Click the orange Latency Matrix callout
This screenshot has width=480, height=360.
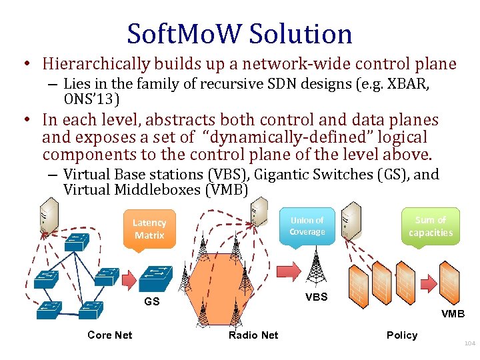149,229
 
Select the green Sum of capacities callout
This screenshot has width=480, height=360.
430,226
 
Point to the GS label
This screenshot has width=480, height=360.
153,301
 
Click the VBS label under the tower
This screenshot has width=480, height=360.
316,297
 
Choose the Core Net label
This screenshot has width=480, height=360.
109,335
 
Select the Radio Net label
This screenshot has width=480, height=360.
253,335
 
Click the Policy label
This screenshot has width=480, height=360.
401,335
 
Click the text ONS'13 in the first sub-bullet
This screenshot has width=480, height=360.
92,99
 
